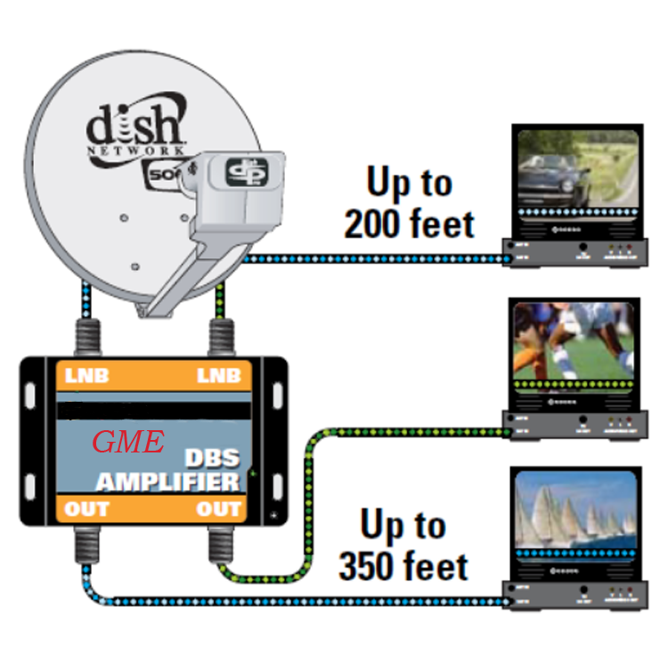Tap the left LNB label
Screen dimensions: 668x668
click(x=86, y=376)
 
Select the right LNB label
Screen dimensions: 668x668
click(x=218, y=376)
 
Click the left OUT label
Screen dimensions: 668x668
click(x=86, y=509)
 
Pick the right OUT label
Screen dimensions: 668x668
click(x=218, y=509)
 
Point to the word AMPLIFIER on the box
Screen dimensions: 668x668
click(x=168, y=482)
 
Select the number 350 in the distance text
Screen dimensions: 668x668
click(x=375, y=566)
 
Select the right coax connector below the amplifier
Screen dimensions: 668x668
click(x=219, y=541)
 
